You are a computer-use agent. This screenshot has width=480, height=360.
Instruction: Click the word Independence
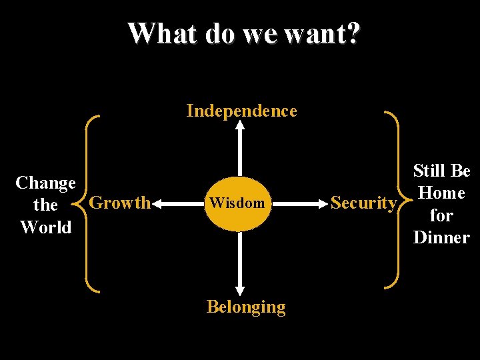tap(241, 110)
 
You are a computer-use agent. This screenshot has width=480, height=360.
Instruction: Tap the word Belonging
tap(246, 307)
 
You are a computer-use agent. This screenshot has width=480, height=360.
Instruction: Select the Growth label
tap(120, 203)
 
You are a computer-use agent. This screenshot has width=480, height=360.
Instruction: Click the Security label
tap(363, 203)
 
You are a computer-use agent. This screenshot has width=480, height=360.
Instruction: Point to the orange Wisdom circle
tap(237, 203)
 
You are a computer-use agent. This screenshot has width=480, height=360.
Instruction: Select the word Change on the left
tap(45, 183)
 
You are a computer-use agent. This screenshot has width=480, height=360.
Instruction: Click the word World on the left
tap(45, 227)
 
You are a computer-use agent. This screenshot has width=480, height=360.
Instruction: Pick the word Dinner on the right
tap(441, 237)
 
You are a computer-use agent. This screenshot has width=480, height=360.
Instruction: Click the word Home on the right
tap(441, 193)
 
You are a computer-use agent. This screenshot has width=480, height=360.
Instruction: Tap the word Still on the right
tap(427, 171)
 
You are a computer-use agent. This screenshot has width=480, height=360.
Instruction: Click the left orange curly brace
tap(88, 203)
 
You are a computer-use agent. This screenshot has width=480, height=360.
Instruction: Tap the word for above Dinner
tap(441, 215)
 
